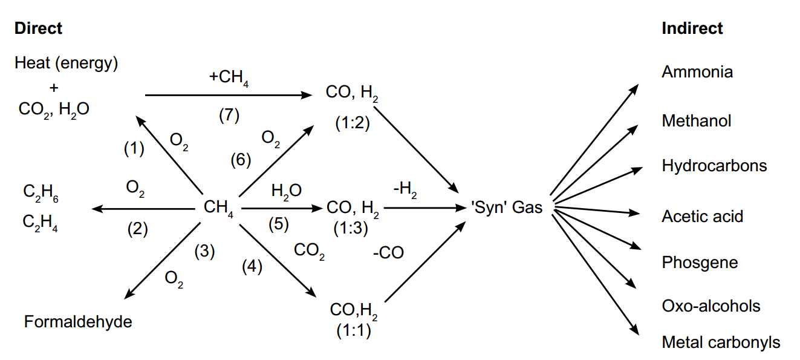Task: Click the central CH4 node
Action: [x=218, y=208]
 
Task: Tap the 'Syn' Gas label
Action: [x=506, y=208]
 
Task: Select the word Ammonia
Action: [x=697, y=72]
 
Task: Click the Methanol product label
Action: [x=697, y=121]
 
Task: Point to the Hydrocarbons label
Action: [x=714, y=166]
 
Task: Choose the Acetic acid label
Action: [x=703, y=217]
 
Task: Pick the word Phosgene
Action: [x=700, y=263]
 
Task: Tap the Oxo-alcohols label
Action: [x=711, y=306]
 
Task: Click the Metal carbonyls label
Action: [x=721, y=342]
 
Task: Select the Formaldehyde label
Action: [x=78, y=321]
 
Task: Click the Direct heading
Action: [x=38, y=28]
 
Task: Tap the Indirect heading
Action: [x=692, y=28]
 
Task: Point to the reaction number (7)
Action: [x=229, y=115]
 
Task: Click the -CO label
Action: [x=388, y=252]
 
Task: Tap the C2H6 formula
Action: [x=41, y=194]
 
